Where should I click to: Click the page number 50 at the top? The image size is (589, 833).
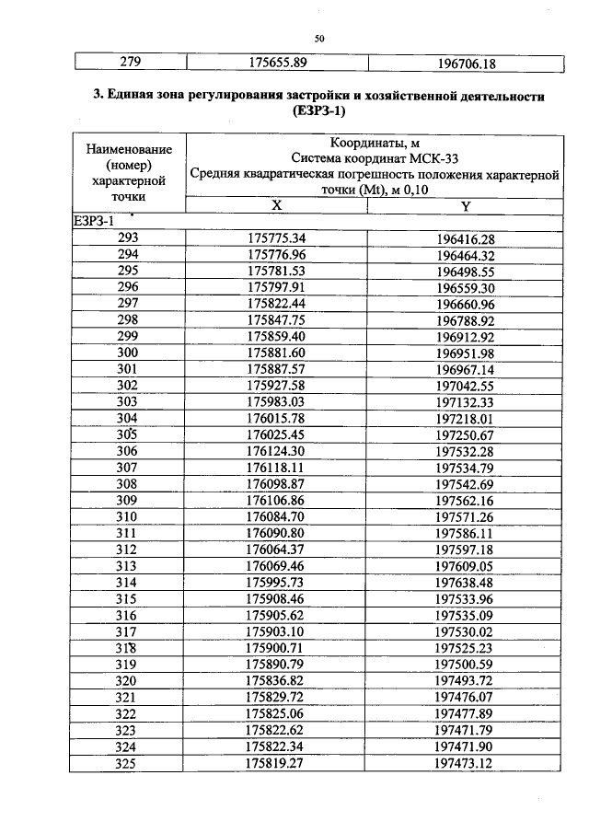tap(319, 39)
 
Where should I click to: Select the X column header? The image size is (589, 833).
tap(276, 206)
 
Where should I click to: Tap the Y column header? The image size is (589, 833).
tap(466, 206)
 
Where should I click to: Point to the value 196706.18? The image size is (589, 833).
tap(465, 64)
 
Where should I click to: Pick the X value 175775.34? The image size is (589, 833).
tap(276, 237)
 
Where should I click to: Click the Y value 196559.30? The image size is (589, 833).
tap(465, 287)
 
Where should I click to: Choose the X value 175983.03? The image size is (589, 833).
tap(276, 403)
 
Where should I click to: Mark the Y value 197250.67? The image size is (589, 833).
tap(465, 435)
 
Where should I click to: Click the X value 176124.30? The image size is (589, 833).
tap(276, 452)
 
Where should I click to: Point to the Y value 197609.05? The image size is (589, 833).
tap(465, 567)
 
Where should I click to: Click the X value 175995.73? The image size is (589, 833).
tap(276, 584)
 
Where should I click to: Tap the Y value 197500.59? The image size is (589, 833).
tap(465, 665)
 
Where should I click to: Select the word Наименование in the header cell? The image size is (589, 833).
tap(128, 149)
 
